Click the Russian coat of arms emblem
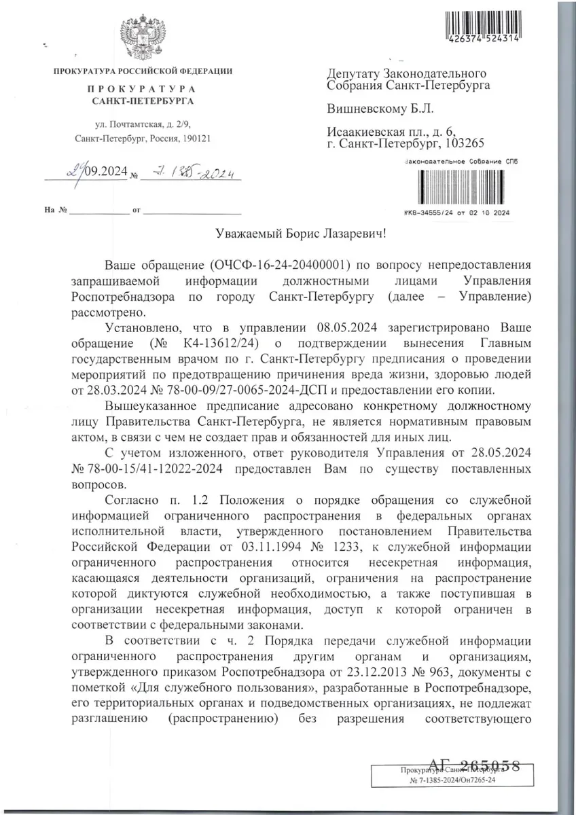click(143, 37)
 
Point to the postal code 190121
click(194, 138)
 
